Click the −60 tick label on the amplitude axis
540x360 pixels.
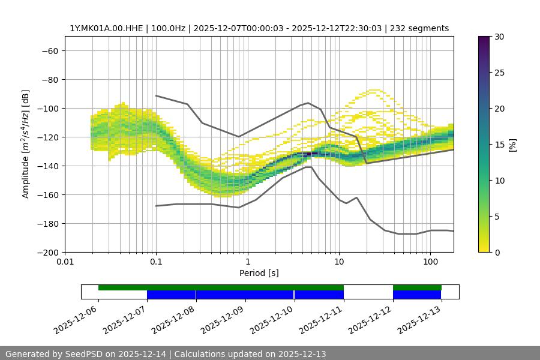click(49, 51)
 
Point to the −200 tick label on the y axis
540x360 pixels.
click(47, 253)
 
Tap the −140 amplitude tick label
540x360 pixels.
click(47, 166)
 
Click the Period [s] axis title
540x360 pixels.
click(259, 273)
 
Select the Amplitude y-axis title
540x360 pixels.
click(26, 144)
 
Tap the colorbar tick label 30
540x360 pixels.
click(499, 37)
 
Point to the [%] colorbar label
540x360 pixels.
click(512, 145)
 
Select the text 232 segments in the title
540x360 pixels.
click(421, 28)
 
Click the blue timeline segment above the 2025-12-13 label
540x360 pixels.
click(417, 295)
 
